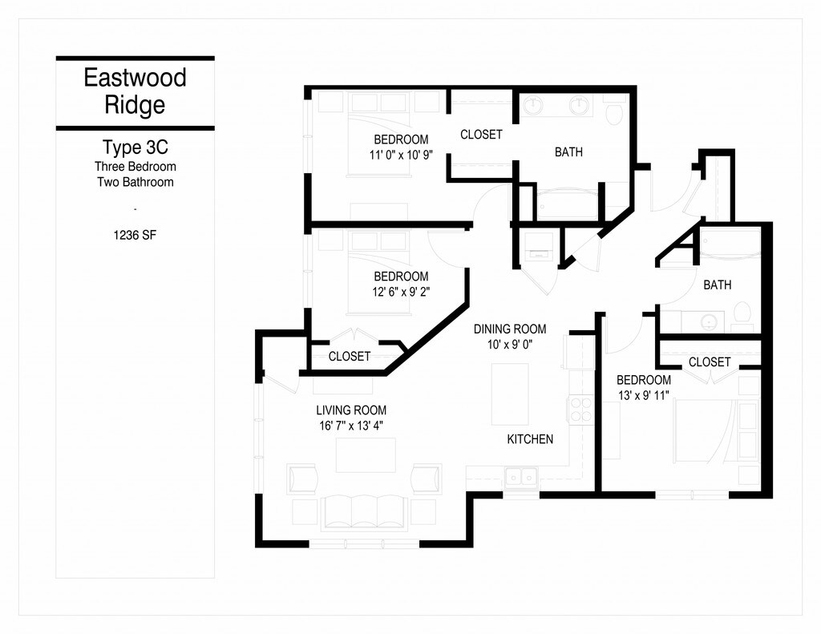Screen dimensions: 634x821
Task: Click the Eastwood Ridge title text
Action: (135, 91)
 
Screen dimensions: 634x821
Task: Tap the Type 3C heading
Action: (135, 148)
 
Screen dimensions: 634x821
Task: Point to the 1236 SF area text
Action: (135, 236)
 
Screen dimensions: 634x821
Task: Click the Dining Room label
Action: (510, 329)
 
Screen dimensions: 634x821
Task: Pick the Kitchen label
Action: (530, 439)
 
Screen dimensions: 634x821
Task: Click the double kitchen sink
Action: (520, 478)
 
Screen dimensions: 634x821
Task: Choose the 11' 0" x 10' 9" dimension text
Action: (401, 155)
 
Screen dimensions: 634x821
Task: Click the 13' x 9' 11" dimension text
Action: (643, 395)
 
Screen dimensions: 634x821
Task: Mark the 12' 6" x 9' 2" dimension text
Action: (401, 292)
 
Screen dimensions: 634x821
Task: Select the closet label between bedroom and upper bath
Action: (481, 135)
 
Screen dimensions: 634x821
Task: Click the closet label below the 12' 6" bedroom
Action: (350, 356)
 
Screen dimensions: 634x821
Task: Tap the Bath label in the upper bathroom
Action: (568, 151)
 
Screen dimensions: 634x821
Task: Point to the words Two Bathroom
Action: (135, 182)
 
